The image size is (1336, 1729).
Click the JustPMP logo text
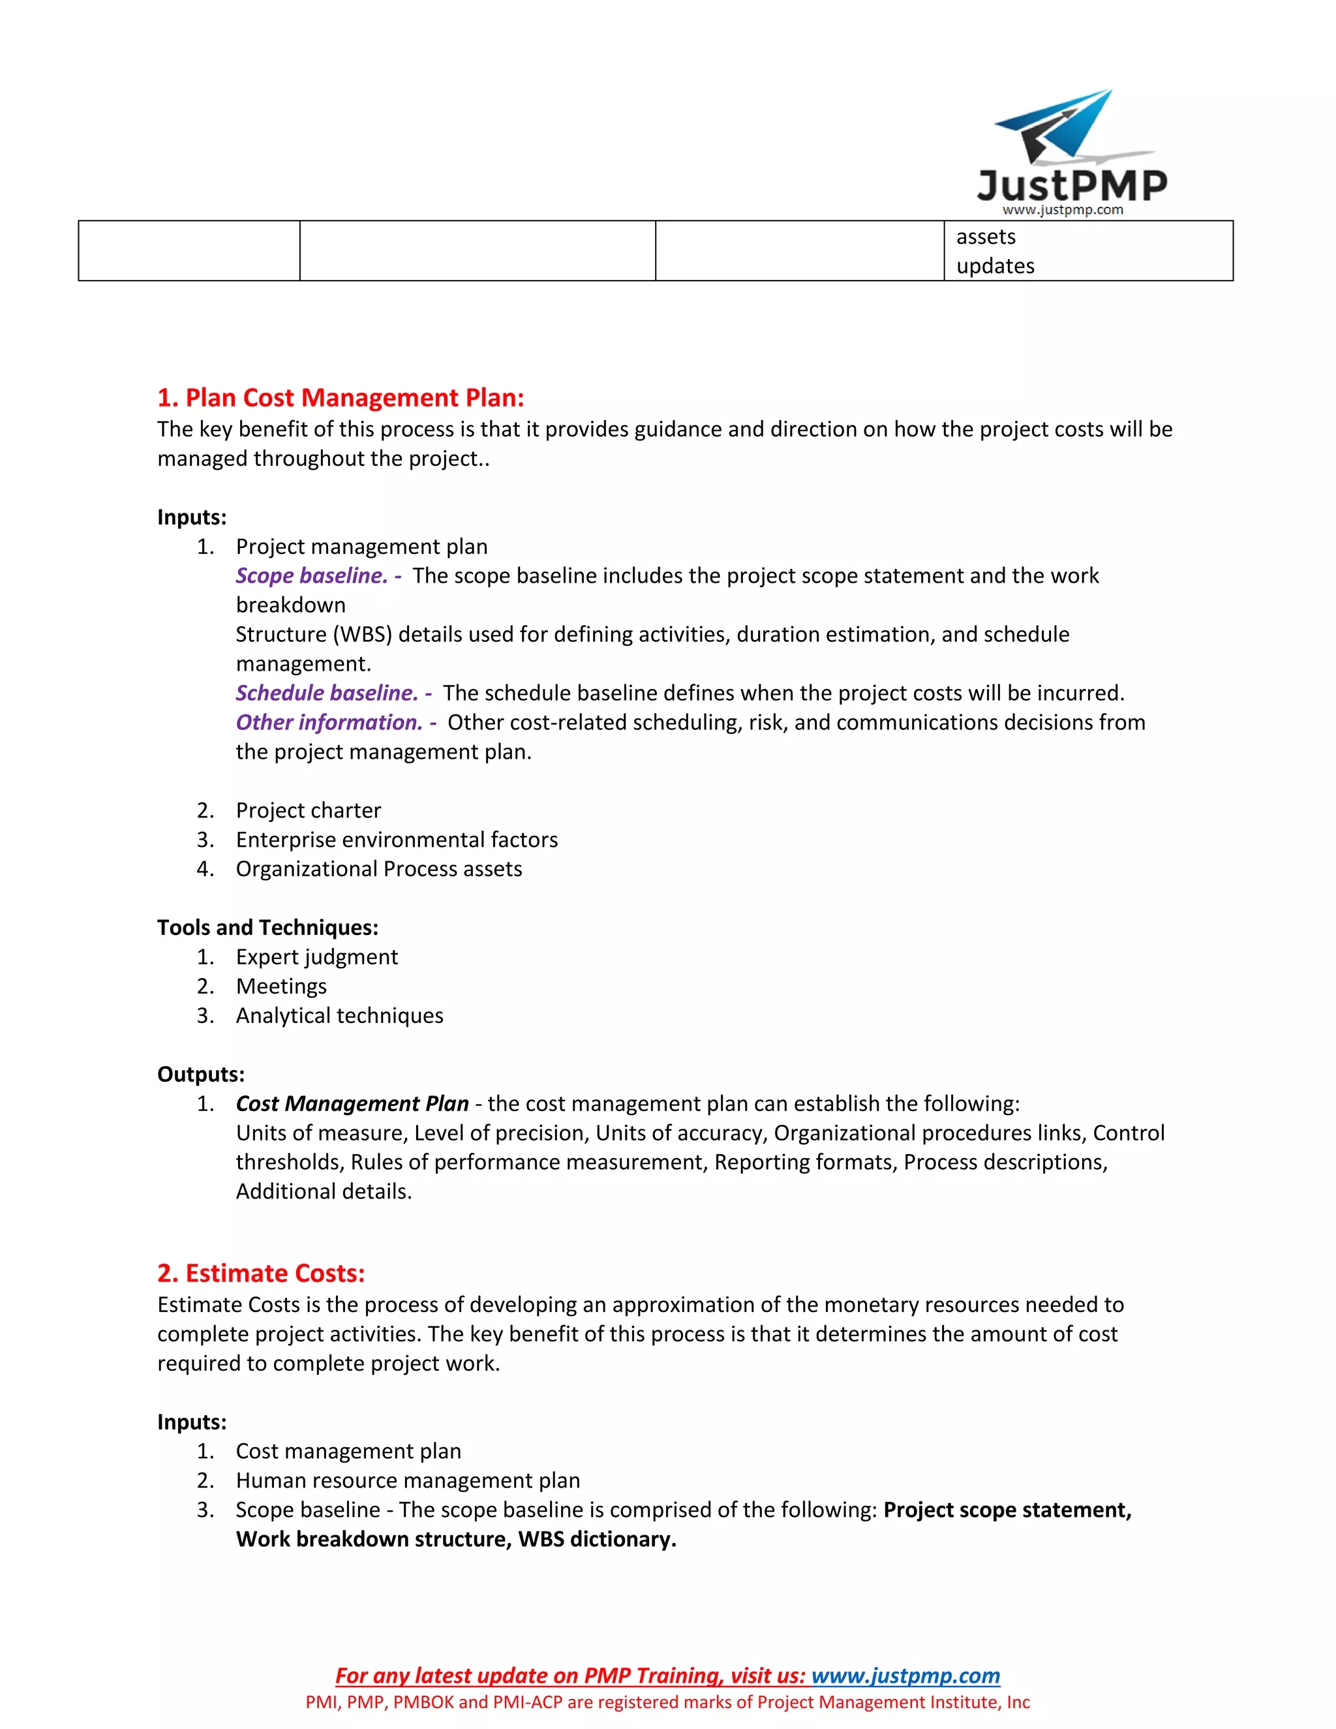[x=1072, y=185]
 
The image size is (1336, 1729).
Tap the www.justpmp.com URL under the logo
[x=1062, y=210]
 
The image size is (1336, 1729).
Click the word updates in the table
[x=995, y=266]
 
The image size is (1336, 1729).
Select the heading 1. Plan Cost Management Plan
[x=341, y=397]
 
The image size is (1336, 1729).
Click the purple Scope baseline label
[x=311, y=575]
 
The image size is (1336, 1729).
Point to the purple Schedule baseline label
[x=326, y=693]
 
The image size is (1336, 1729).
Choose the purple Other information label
[x=329, y=722]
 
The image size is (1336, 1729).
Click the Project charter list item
[x=308, y=810]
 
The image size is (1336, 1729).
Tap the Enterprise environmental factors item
[x=397, y=839]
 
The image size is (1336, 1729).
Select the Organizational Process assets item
[x=378, y=868]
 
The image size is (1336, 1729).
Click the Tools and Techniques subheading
[x=267, y=927]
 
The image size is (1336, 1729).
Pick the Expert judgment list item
[x=316, y=956]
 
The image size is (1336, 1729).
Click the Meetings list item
[x=281, y=986]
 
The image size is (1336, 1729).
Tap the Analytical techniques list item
[x=339, y=1015]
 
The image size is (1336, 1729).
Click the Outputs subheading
[x=201, y=1075]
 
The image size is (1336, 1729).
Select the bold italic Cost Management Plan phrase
[x=352, y=1103]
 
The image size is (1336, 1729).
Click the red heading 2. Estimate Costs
[x=261, y=1273]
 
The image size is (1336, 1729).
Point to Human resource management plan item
[x=408, y=1480]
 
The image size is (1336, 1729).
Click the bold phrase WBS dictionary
[x=597, y=1539]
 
